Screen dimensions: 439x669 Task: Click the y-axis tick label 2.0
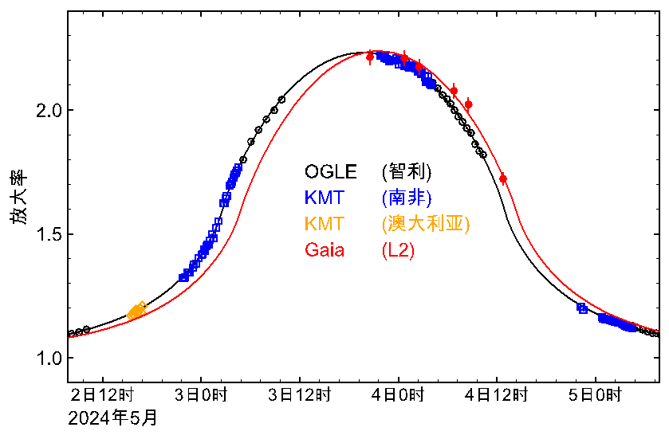pos(45,110)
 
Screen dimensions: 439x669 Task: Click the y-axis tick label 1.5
pos(45,234)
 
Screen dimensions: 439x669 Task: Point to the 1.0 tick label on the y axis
pos(45,358)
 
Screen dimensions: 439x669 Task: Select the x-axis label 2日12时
pos(101,394)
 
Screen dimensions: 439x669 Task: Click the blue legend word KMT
pos(324,197)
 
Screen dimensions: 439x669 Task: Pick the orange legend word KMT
pos(324,224)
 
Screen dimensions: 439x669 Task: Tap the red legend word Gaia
pos(325,250)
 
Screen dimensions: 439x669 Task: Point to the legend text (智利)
pos(407,171)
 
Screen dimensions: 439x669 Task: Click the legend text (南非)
pos(407,197)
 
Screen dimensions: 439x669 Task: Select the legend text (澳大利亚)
pos(424,224)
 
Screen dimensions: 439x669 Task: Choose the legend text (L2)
pos(398,250)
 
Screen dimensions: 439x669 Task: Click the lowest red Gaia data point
pos(502,178)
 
